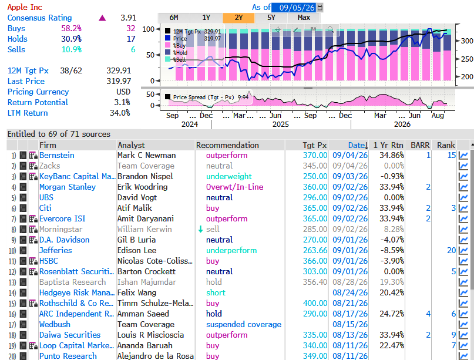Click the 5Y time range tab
[x=271, y=18]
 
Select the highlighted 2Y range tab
[x=239, y=18]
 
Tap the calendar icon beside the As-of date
[x=320, y=7]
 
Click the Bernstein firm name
[x=57, y=156]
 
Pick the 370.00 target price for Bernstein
[x=315, y=156]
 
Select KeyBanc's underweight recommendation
[x=229, y=177]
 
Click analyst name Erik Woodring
[x=142, y=187]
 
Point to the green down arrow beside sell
[x=200, y=230]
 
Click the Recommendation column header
[x=227, y=146]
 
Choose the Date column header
[x=356, y=146]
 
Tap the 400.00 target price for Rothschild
[x=315, y=304]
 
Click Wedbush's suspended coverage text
[x=244, y=325]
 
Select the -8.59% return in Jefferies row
[x=392, y=251]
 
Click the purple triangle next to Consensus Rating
[x=102, y=18]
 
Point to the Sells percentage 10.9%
[x=72, y=49]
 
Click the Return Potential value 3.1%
[x=122, y=102]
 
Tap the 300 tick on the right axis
[x=467, y=41]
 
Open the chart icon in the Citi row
[x=463, y=208]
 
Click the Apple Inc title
[x=25, y=7]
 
